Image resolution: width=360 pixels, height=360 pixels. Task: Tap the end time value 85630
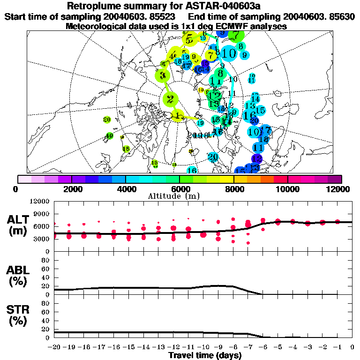point(341,16)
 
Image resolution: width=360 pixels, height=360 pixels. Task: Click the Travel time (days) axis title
point(205,356)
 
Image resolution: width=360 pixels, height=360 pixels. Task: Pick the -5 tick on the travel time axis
point(277,347)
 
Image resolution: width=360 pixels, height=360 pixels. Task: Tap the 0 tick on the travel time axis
point(352,347)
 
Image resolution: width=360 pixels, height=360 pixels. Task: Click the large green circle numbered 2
point(170,99)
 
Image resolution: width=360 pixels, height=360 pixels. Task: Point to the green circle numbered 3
point(163,75)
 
